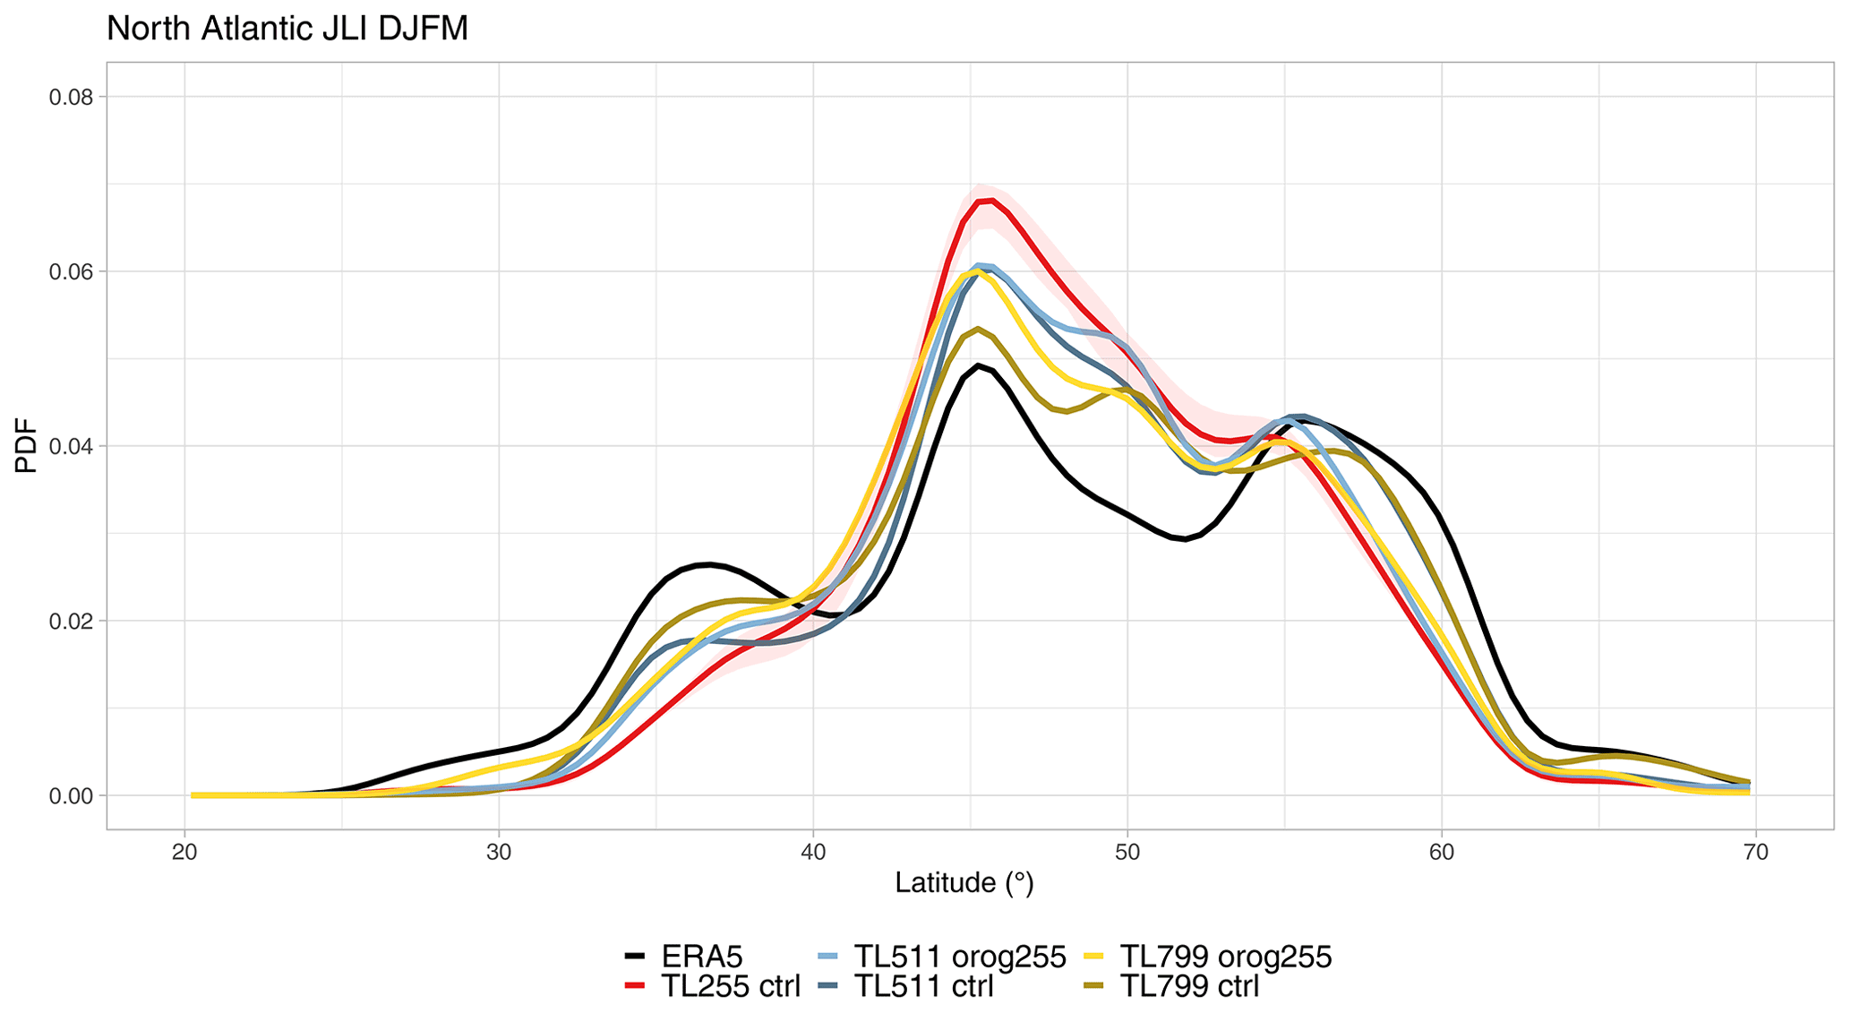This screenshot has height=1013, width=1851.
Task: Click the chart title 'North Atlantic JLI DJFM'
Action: coord(287,29)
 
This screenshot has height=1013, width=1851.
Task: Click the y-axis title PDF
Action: coord(27,445)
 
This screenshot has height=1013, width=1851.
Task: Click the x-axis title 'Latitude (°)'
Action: coord(964,883)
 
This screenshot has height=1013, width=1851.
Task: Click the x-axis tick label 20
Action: coord(184,852)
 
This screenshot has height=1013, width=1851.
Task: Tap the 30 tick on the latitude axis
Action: coord(499,852)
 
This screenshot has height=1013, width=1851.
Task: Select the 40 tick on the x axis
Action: coord(813,852)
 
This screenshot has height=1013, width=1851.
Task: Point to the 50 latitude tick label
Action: coord(1127,852)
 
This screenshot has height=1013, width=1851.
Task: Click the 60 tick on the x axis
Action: coord(1442,852)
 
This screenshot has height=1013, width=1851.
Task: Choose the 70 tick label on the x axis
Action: coord(1756,852)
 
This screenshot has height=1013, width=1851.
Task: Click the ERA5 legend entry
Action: coord(702,957)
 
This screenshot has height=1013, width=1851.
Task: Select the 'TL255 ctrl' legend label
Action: coord(730,986)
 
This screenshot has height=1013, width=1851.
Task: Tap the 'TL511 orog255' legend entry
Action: coord(960,957)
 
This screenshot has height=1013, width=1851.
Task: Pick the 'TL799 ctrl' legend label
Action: coord(1190,986)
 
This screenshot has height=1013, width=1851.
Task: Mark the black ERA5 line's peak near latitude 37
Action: coord(708,564)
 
